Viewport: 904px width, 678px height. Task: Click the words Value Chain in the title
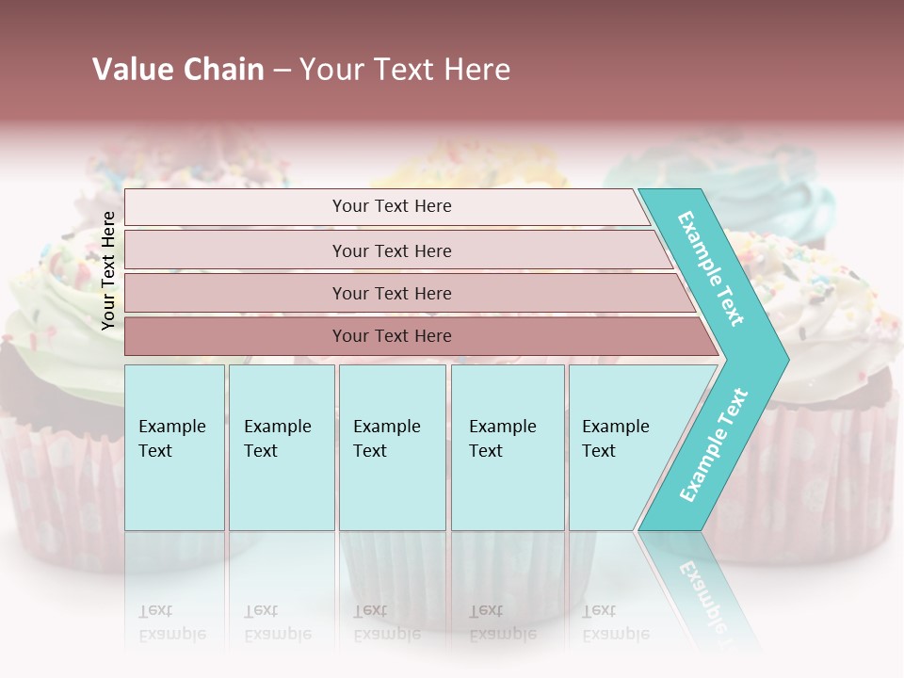178,70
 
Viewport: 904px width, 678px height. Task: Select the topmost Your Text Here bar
391,206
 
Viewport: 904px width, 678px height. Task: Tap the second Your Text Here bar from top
391,250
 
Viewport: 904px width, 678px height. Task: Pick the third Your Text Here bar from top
391,293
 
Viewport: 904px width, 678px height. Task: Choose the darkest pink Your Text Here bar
391,336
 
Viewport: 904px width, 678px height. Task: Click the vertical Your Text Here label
109,270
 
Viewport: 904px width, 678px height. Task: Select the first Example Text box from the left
174,447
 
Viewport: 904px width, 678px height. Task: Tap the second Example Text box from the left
281,447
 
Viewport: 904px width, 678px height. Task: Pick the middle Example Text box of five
392,447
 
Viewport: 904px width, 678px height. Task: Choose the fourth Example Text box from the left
508,447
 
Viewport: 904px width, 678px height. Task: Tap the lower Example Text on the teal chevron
713,445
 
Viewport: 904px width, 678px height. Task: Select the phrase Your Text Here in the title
405,70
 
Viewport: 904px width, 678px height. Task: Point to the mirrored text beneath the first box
172,622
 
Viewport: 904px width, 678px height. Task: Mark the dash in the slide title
282,71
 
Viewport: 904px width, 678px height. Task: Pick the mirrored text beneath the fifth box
616,622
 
